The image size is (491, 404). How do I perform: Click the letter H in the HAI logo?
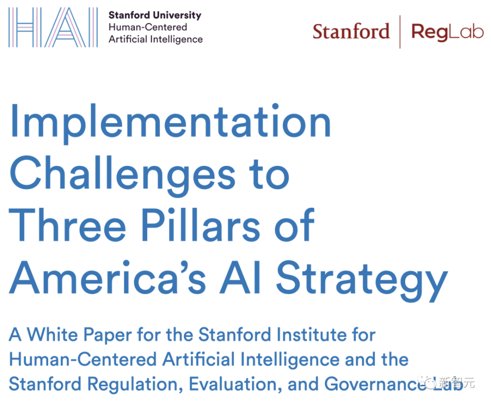click(x=25, y=27)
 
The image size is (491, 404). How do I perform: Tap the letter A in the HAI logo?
click(x=65, y=27)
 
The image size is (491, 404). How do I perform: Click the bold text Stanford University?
click(x=155, y=15)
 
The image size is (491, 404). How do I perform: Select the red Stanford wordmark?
click(x=351, y=31)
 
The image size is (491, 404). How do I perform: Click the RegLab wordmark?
click(x=447, y=32)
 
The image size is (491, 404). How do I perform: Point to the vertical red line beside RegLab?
click(x=400, y=31)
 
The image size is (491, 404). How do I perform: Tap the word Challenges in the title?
click(x=122, y=175)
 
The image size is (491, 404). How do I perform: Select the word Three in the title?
click(x=67, y=224)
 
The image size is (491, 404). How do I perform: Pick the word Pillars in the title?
click(x=201, y=224)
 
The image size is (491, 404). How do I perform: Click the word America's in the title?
click(x=108, y=277)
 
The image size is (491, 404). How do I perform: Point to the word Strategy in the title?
click(x=362, y=281)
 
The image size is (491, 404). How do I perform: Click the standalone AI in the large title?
click(x=240, y=277)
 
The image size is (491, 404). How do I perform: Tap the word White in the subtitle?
click(x=53, y=334)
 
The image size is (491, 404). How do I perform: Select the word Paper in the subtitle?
click(x=108, y=336)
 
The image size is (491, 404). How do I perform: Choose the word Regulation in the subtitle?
click(x=135, y=385)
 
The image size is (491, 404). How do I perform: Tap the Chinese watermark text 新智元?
click(x=457, y=382)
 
